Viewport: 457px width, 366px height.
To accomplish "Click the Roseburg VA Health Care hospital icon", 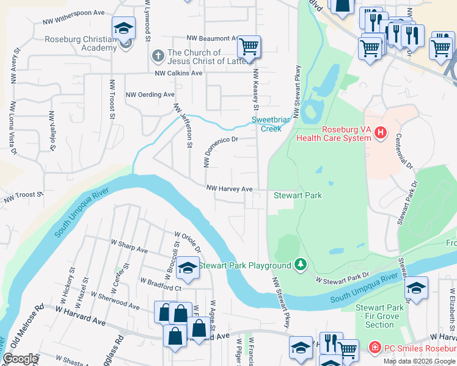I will click(381, 132).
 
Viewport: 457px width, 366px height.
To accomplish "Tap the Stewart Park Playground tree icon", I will click(300, 264).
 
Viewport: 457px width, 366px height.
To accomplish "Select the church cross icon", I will click(157, 57).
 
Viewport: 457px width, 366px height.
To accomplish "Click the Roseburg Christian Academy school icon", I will click(123, 28).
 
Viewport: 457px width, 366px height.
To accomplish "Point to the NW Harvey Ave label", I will click(229, 189).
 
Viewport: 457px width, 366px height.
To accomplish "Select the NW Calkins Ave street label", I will click(178, 73).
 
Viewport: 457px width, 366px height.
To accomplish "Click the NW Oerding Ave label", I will click(150, 95).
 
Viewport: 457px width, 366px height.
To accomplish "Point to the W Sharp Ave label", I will click(130, 248).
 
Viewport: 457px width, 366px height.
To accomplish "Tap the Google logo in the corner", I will click(20, 359).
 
